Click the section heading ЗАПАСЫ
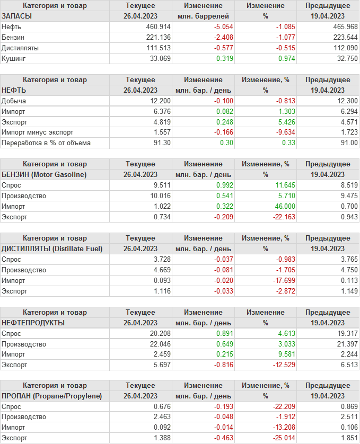(x=17, y=16)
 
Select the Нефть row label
(x=12, y=27)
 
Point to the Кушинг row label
(x=14, y=59)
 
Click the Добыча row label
(x=14, y=101)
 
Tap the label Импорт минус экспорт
(x=37, y=133)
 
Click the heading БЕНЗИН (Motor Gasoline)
(x=44, y=175)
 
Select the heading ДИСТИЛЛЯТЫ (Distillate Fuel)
(x=52, y=249)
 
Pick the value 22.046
(x=160, y=344)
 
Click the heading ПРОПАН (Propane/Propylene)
(x=52, y=396)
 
